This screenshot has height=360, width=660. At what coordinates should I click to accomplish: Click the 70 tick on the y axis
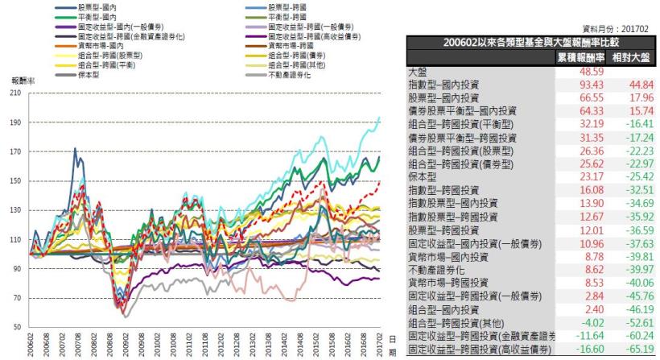pos(17,299)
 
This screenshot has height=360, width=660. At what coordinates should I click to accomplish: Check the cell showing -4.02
pos(582,323)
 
